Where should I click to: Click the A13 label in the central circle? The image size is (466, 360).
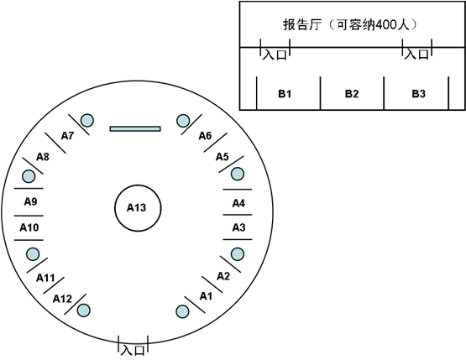(x=136, y=207)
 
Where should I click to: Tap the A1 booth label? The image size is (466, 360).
(x=206, y=296)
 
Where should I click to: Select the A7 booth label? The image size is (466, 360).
(x=67, y=136)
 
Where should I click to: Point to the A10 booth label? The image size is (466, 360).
(x=29, y=227)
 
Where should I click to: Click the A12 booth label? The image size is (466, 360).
(x=62, y=299)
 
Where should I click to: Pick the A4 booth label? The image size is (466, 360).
(x=238, y=203)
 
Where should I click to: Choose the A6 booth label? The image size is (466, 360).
(x=205, y=136)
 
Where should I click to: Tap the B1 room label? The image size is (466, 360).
(x=285, y=94)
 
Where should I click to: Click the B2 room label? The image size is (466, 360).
(x=352, y=94)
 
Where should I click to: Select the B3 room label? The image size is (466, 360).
(x=418, y=94)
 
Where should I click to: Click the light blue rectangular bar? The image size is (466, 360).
(x=135, y=128)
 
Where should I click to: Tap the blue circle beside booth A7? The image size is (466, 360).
(x=87, y=121)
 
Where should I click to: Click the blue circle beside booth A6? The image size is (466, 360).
(x=183, y=121)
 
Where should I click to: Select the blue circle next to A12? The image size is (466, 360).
(x=83, y=310)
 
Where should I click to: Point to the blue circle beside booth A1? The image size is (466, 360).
(x=182, y=311)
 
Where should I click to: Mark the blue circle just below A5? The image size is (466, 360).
(x=238, y=174)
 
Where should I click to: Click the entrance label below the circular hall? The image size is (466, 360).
(x=133, y=350)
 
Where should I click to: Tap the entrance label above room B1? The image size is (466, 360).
(x=275, y=55)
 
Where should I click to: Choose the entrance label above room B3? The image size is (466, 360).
(x=416, y=54)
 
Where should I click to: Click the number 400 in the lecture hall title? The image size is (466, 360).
(x=385, y=25)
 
